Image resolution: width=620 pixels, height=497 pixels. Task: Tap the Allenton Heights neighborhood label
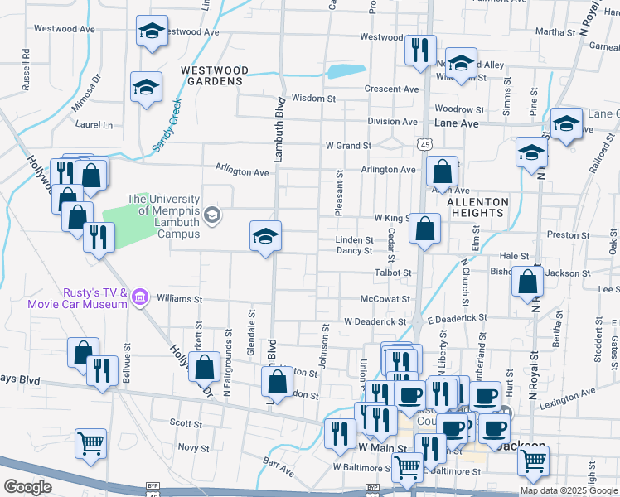point(477,207)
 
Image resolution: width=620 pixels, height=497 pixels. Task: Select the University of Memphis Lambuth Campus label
point(163,216)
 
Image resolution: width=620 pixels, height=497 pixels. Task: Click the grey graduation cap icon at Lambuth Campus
point(214,215)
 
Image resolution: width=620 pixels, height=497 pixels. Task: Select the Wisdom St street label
point(313,98)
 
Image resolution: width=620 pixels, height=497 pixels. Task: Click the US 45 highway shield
point(425,144)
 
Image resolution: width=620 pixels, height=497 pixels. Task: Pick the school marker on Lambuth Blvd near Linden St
point(266,236)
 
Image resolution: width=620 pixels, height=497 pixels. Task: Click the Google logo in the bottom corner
point(27,487)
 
